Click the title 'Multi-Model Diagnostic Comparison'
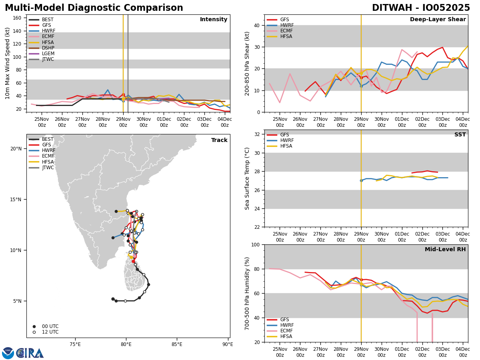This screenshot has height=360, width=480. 94,8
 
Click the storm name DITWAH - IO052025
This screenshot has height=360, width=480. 421,8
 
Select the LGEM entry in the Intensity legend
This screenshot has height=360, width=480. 48,54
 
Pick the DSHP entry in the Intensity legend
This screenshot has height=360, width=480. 48,48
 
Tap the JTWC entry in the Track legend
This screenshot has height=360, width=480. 48,168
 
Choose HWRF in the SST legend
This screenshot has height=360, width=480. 287,140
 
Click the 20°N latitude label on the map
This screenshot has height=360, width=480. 16,149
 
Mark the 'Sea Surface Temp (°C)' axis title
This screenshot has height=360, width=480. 247,178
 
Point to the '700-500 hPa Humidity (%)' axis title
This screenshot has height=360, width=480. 247,293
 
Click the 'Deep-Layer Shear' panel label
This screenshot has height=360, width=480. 438,20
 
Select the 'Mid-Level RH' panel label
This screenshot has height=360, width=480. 445,250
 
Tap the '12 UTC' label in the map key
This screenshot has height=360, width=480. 50,332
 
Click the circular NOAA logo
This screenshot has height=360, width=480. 8,353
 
